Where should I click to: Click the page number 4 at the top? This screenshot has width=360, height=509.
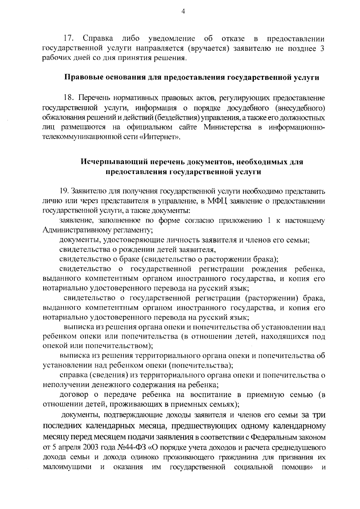click(x=183, y=11)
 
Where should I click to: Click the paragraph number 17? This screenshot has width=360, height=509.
click(x=69, y=39)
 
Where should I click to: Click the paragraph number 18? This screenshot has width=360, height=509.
click(x=69, y=98)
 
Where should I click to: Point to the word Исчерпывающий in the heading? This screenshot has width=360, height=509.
click(x=112, y=162)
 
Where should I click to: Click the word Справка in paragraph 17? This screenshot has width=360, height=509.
click(x=98, y=39)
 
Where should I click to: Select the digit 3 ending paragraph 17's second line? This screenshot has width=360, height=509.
click(x=322, y=48)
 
